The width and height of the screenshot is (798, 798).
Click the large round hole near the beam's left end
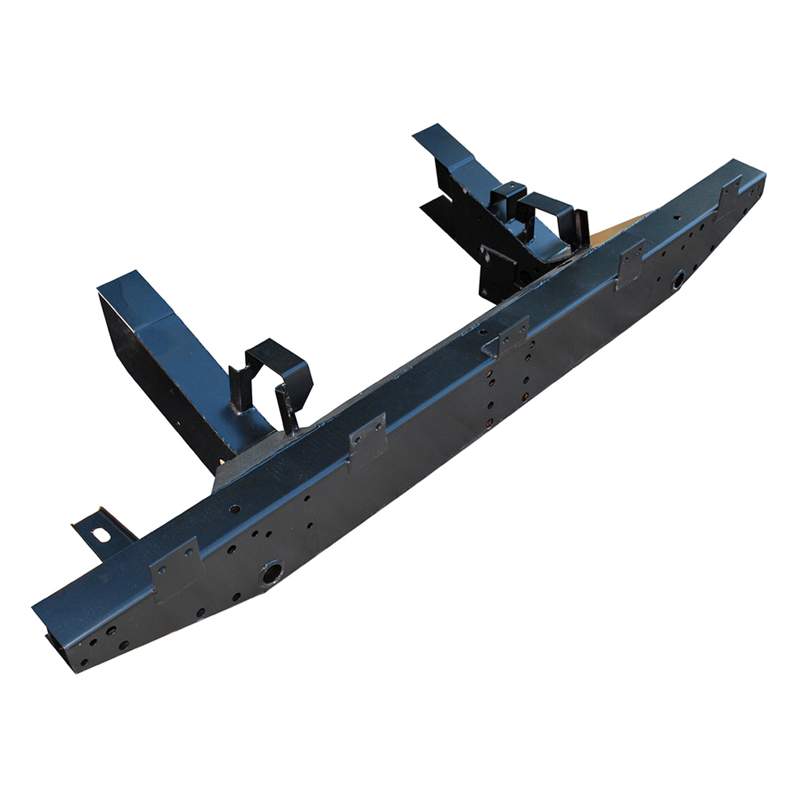click(x=272, y=572)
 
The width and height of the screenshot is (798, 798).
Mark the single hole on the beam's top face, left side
click(x=235, y=508)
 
